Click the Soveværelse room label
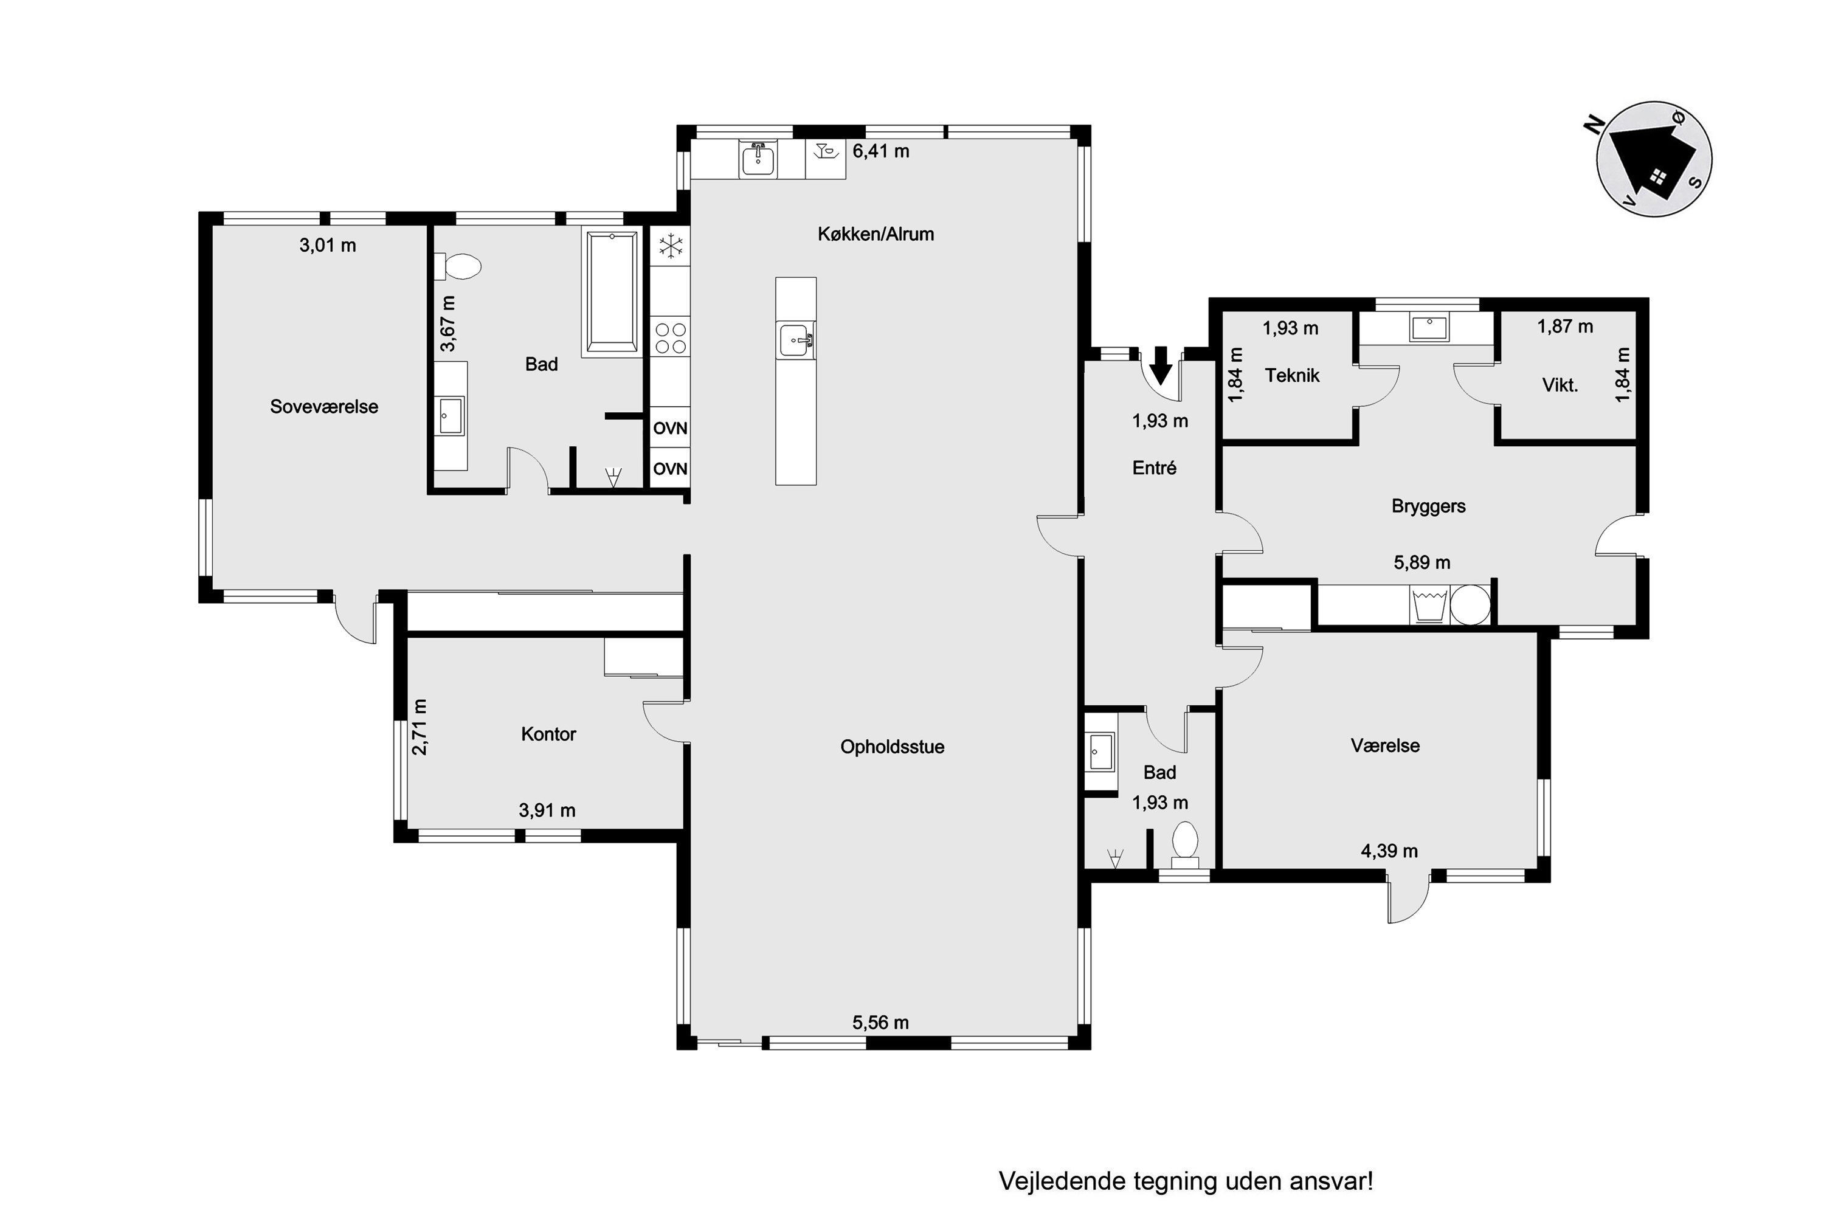click(323, 406)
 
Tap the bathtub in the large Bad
click(612, 293)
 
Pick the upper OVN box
click(670, 428)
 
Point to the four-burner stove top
click(670, 337)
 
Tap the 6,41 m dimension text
click(880, 151)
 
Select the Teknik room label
click(1292, 375)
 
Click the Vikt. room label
click(1560, 385)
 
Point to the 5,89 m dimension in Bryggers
click(1422, 562)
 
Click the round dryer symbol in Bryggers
click(1470, 604)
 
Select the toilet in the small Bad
click(1184, 845)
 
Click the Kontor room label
click(548, 734)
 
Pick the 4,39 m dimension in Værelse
click(1389, 851)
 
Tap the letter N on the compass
click(1593, 124)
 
